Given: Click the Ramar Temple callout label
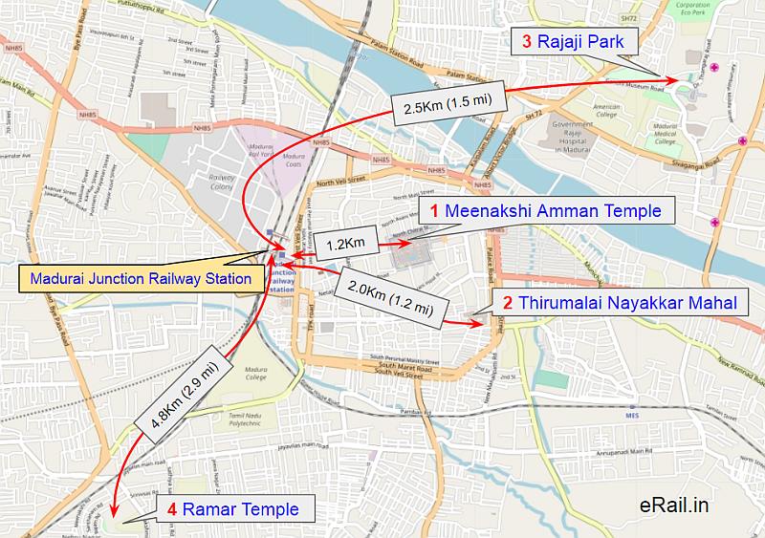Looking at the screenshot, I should pos(232,509).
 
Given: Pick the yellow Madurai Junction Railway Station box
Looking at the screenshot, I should pos(141,279).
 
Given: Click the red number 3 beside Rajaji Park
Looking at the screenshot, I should pos(527,41).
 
